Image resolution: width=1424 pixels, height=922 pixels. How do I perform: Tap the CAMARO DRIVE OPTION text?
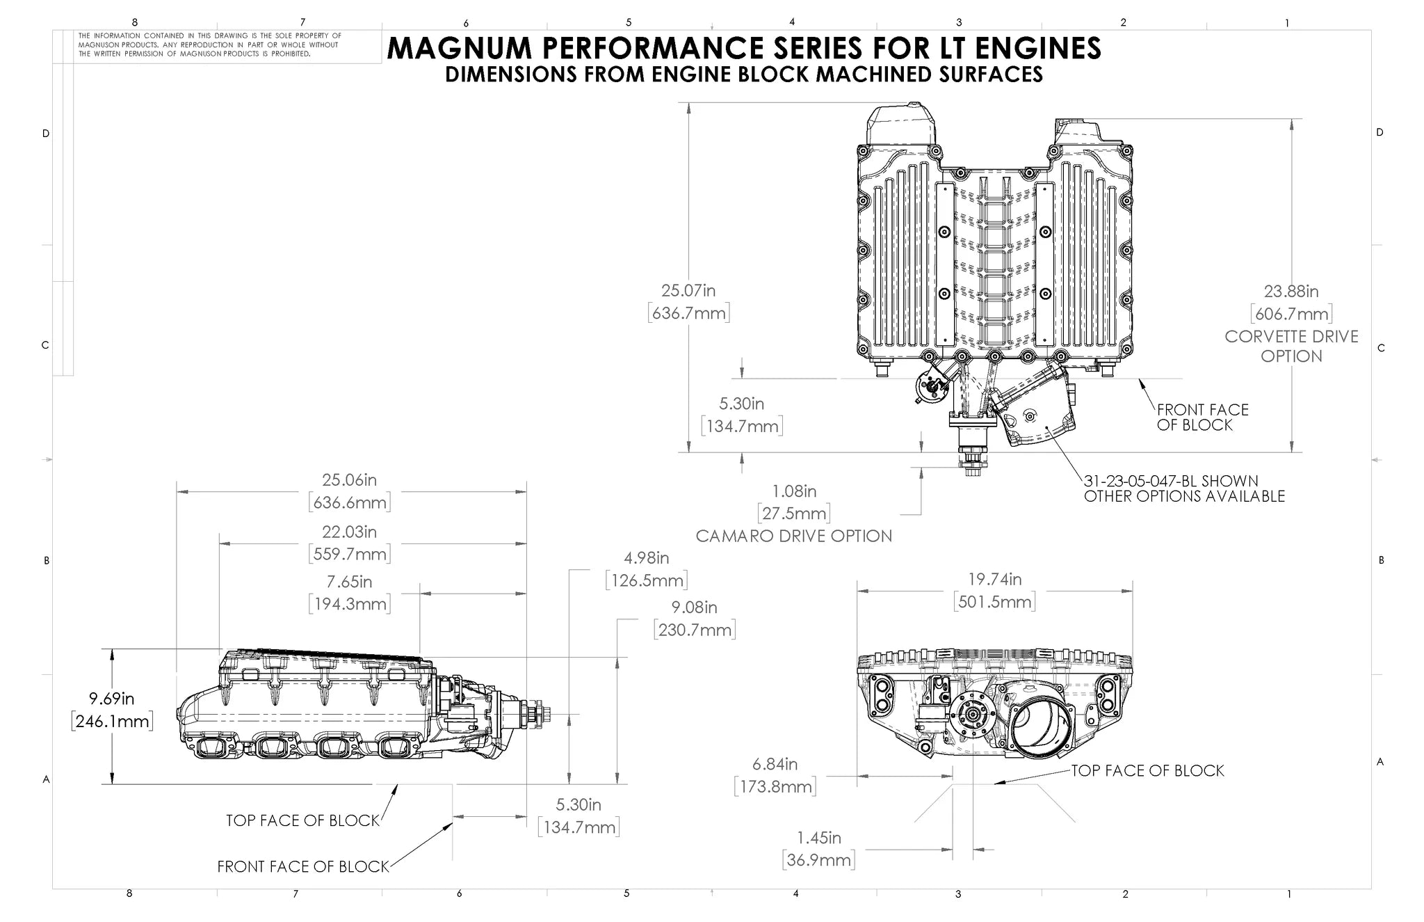(x=793, y=536)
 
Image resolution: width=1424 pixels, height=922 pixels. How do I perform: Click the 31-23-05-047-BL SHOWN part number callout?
(x=1171, y=481)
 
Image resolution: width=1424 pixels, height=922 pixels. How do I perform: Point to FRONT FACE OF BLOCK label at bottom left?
(x=303, y=866)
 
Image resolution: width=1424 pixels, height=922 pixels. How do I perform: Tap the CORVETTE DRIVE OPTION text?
(x=1290, y=346)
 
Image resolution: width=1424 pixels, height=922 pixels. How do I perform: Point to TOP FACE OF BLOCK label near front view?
(x=1147, y=770)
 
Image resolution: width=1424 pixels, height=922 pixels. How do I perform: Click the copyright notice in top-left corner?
(x=209, y=45)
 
